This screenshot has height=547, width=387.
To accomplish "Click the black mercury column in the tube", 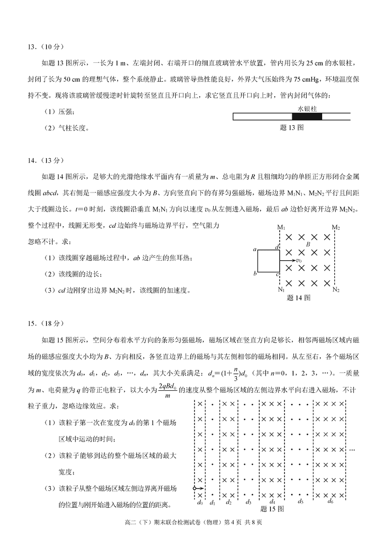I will tap(307, 117).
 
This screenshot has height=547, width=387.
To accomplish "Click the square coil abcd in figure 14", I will tap(268, 262).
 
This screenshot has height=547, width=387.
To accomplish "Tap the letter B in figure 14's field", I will tap(307, 245).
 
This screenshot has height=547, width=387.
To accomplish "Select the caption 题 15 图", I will tap(272, 509).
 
